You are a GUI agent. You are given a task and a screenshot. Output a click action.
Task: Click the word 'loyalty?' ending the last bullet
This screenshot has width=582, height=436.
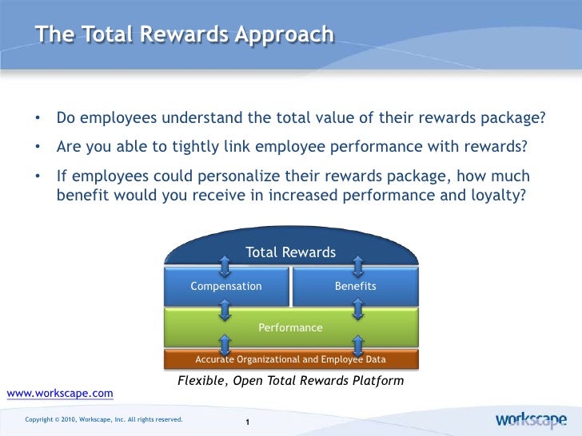[500, 193]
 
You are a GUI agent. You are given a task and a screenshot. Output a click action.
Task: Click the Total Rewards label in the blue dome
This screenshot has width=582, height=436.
[290, 252]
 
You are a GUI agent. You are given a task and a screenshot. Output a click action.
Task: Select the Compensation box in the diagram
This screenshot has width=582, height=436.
[226, 286]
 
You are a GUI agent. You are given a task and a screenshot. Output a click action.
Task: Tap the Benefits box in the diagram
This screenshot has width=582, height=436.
[355, 286]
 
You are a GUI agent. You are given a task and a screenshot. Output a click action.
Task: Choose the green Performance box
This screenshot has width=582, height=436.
[290, 327]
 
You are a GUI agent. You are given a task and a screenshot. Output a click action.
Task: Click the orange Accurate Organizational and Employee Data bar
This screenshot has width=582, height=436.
[290, 359]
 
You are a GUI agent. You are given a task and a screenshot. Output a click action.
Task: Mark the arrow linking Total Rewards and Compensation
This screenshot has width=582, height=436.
[226, 264]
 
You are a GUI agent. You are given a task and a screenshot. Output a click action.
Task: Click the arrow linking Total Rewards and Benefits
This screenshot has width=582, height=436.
[358, 264]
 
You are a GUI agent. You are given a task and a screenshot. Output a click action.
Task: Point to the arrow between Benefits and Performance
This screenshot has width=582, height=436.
[358, 307]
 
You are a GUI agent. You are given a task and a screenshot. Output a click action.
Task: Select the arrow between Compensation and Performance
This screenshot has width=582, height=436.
[226, 307]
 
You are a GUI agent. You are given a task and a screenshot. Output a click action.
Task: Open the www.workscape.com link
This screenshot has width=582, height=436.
[60, 394]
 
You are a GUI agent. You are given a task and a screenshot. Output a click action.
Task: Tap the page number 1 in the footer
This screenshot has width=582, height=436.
[249, 422]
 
